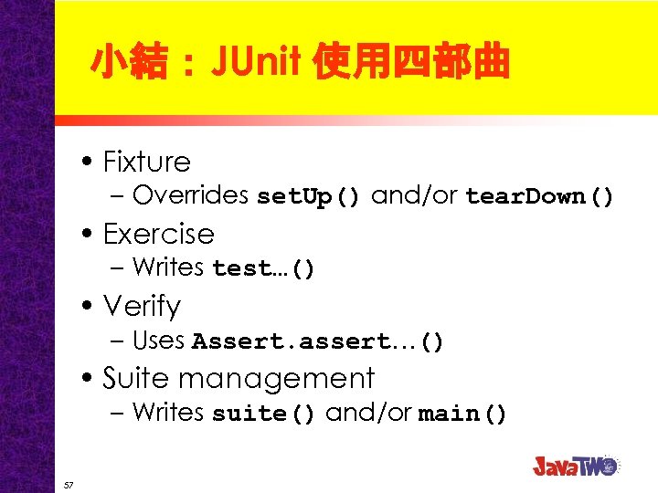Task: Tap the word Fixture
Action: click(146, 162)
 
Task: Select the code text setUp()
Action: click(310, 196)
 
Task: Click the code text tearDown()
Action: click(539, 196)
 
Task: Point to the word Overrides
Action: click(191, 195)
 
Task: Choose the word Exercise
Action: click(158, 234)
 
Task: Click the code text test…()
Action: click(263, 268)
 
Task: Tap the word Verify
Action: click(142, 306)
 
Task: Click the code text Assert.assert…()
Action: click(318, 341)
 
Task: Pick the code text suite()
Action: click(264, 414)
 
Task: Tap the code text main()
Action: click(462, 414)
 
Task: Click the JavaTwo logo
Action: click(576, 465)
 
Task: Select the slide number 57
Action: click(69, 484)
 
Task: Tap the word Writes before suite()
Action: click(167, 413)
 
